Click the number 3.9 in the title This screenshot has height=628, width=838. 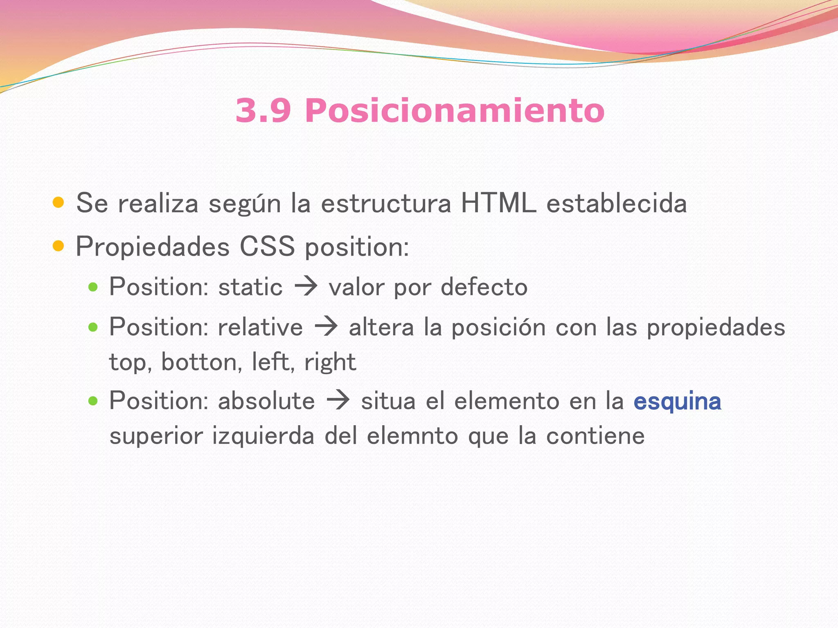click(263, 111)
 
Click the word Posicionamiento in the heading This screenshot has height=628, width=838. click(454, 111)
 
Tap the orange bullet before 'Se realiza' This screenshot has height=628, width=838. click(59, 202)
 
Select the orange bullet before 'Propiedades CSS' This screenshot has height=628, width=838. click(59, 246)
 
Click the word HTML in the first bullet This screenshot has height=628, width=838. click(498, 203)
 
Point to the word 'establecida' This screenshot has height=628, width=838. click(617, 203)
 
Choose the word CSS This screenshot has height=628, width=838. click(267, 247)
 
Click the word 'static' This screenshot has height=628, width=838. click(250, 287)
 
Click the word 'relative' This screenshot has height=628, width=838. click(260, 327)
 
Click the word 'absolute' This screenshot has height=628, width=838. click(266, 401)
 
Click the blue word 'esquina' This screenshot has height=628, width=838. click(677, 401)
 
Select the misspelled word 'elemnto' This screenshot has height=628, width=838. click(412, 436)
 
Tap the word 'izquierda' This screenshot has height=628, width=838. click(263, 436)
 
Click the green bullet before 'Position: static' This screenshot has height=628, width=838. click(93, 287)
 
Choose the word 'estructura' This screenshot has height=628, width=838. click(386, 203)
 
